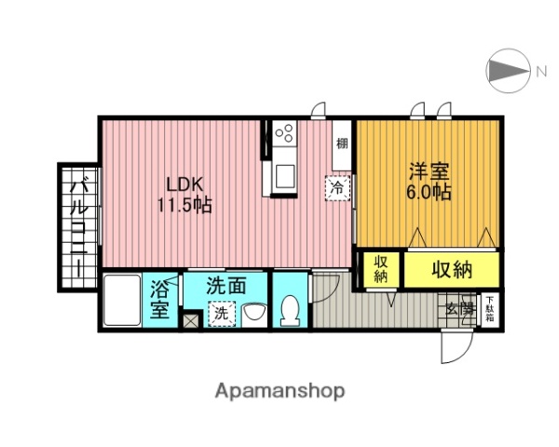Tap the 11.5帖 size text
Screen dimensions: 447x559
click(184, 205)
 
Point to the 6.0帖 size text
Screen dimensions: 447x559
click(429, 195)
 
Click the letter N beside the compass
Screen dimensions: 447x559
click(540, 69)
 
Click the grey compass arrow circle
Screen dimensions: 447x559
click(506, 70)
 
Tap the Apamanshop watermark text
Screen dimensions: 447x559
click(280, 389)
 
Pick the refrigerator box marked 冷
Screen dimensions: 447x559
click(337, 187)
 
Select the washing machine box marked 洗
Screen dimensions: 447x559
click(222, 314)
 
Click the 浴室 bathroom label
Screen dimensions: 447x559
click(160, 299)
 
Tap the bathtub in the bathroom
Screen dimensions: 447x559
click(120, 300)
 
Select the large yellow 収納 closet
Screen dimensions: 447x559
click(452, 270)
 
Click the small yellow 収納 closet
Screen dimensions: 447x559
click(381, 269)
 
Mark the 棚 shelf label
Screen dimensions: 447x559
click(342, 143)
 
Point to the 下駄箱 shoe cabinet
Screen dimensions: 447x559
click(489, 309)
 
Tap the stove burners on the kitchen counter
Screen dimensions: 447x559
click(283, 136)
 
